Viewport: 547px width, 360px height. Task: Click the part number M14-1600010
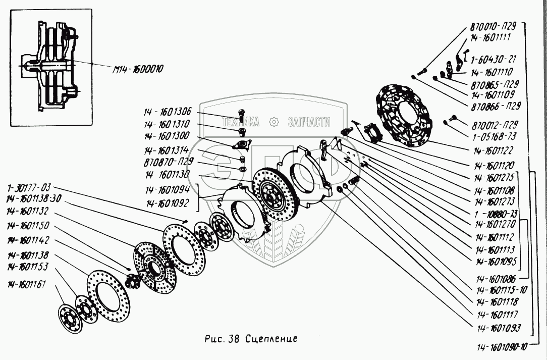pyautogui.click(x=137, y=68)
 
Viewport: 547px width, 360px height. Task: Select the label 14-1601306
pyautogui.click(x=167, y=113)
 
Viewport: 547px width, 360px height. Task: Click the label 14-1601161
pyautogui.click(x=26, y=284)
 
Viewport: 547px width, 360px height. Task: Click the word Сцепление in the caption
pyautogui.click(x=272, y=338)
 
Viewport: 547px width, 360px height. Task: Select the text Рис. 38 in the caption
pyautogui.click(x=223, y=338)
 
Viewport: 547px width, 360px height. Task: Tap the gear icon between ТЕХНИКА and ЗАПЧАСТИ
pyautogui.click(x=274, y=122)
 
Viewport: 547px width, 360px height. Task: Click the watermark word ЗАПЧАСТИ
pyautogui.click(x=308, y=122)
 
